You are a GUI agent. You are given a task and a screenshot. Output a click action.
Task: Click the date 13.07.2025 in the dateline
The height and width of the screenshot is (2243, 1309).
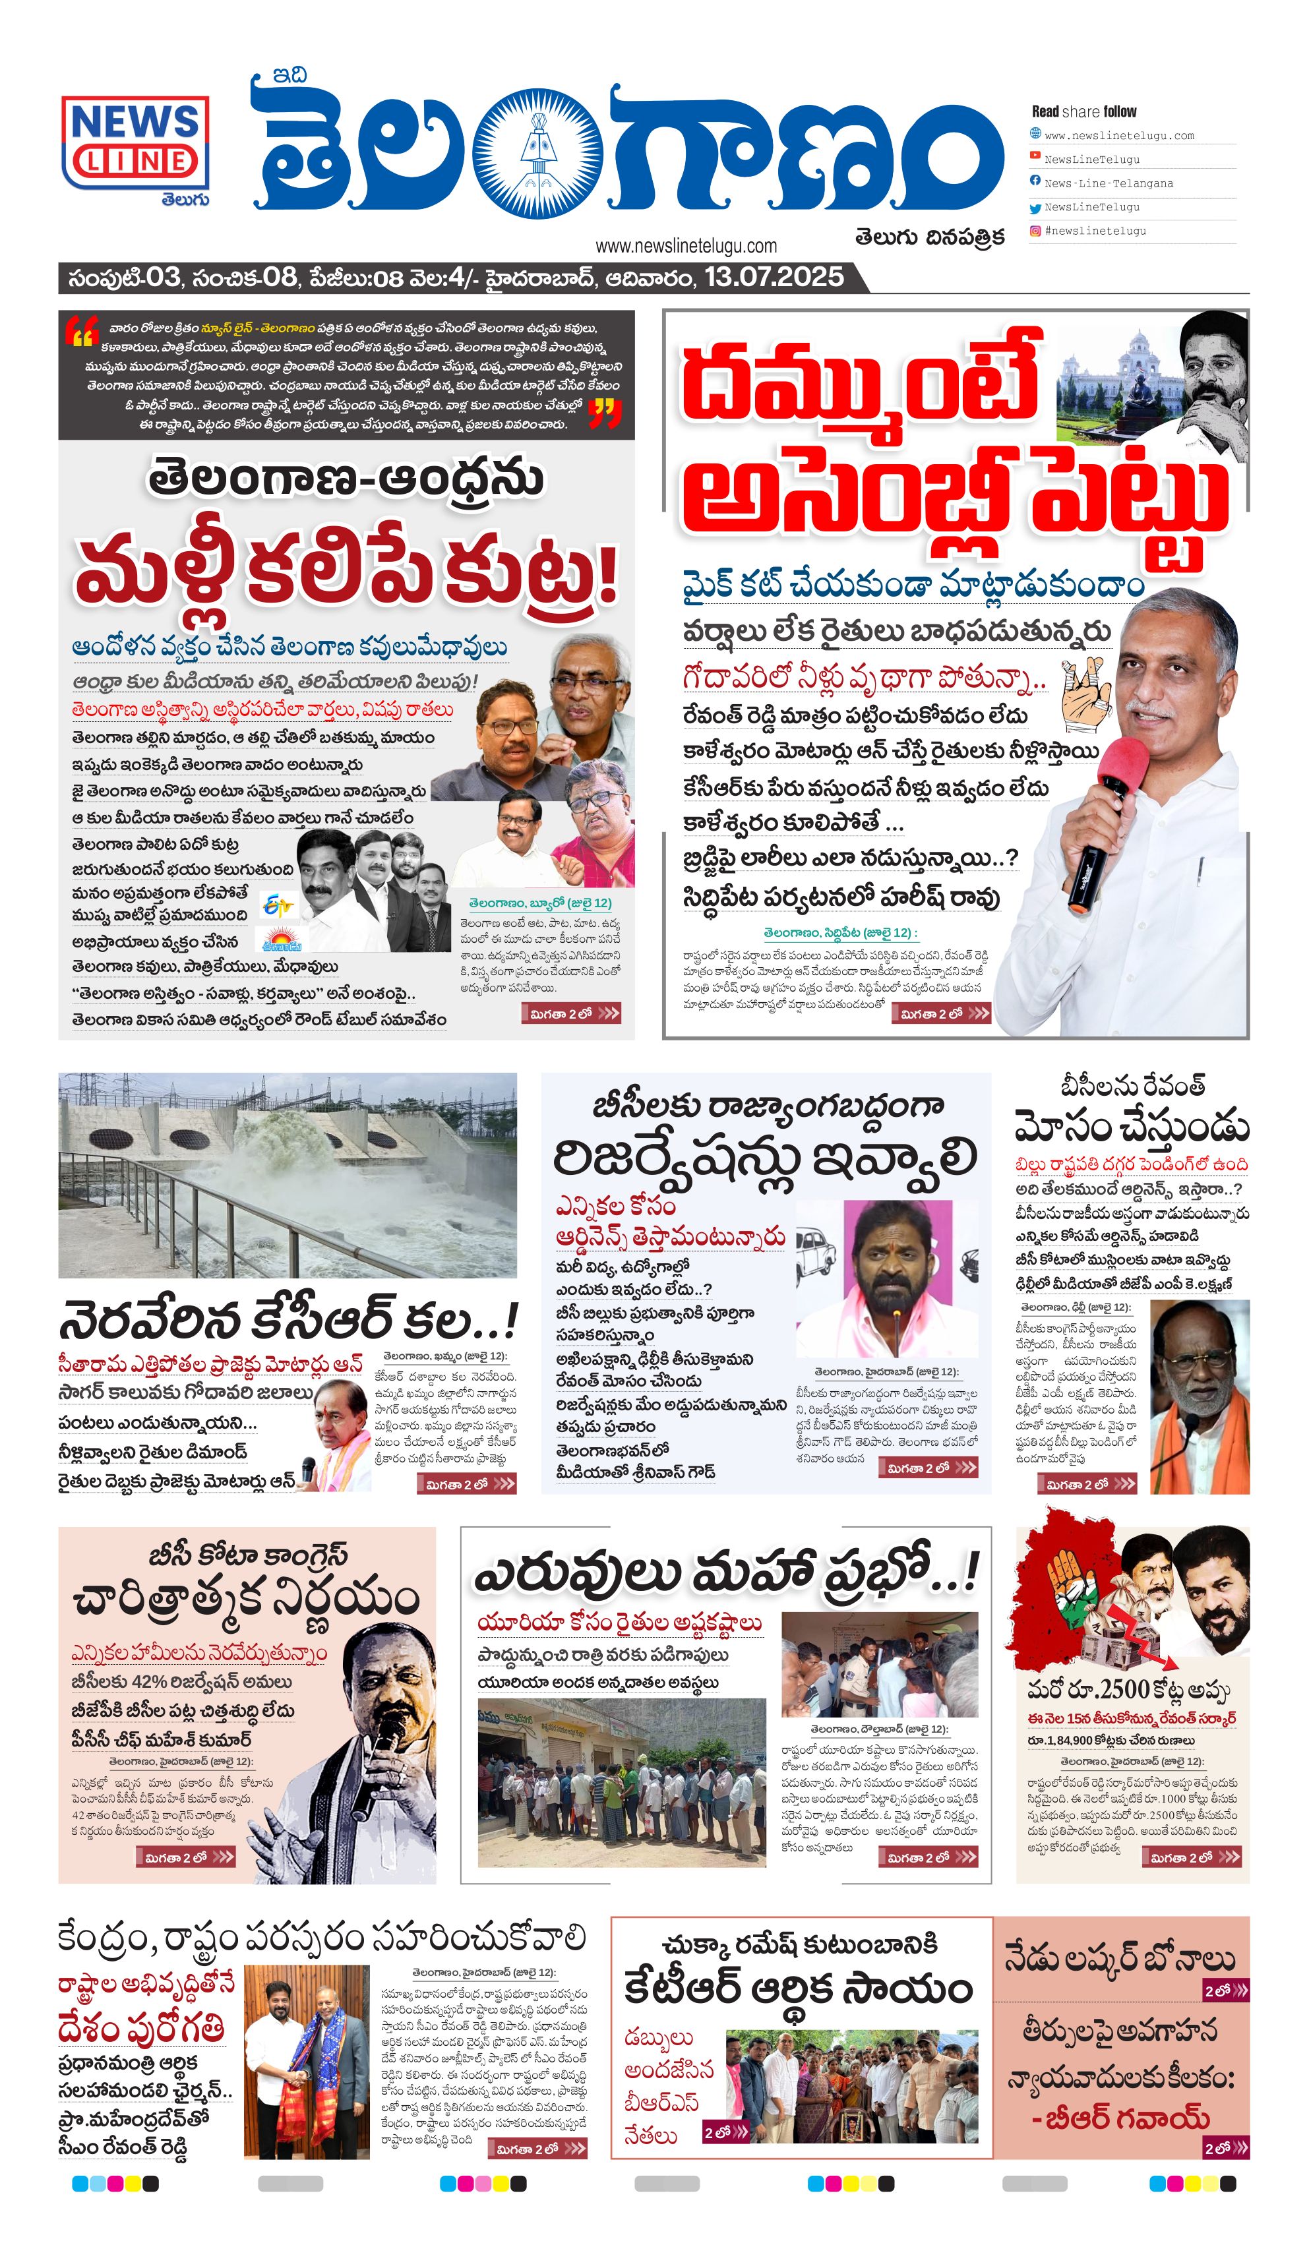pyautogui.click(x=773, y=278)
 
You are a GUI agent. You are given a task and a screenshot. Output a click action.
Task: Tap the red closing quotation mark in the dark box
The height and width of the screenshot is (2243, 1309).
pyautogui.click(x=605, y=412)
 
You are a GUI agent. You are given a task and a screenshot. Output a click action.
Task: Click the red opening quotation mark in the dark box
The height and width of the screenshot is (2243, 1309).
pyautogui.click(x=80, y=333)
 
